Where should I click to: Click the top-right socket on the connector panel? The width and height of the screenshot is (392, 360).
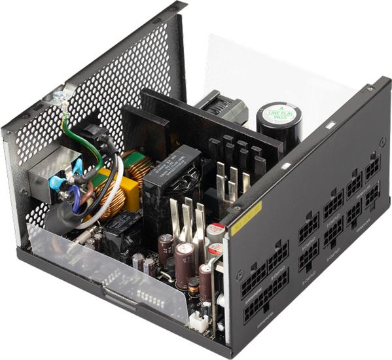pos(372,167)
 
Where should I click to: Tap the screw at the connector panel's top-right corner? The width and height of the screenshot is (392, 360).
pos(370,88)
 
